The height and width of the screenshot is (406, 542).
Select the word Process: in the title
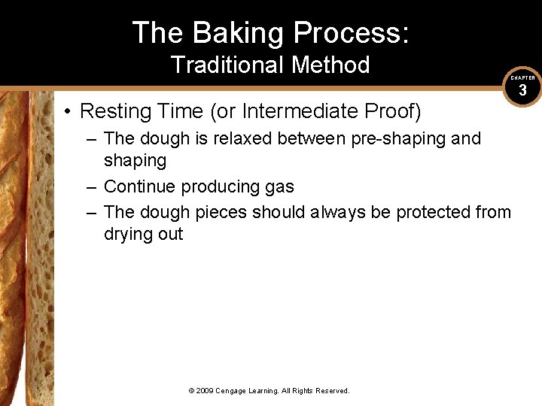tap(351, 33)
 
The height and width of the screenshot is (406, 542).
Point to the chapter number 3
tap(522, 92)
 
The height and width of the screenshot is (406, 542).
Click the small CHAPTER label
tap(522, 78)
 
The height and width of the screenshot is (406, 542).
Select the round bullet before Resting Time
tap(68, 112)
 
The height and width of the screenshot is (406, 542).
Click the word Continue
tap(135, 186)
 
